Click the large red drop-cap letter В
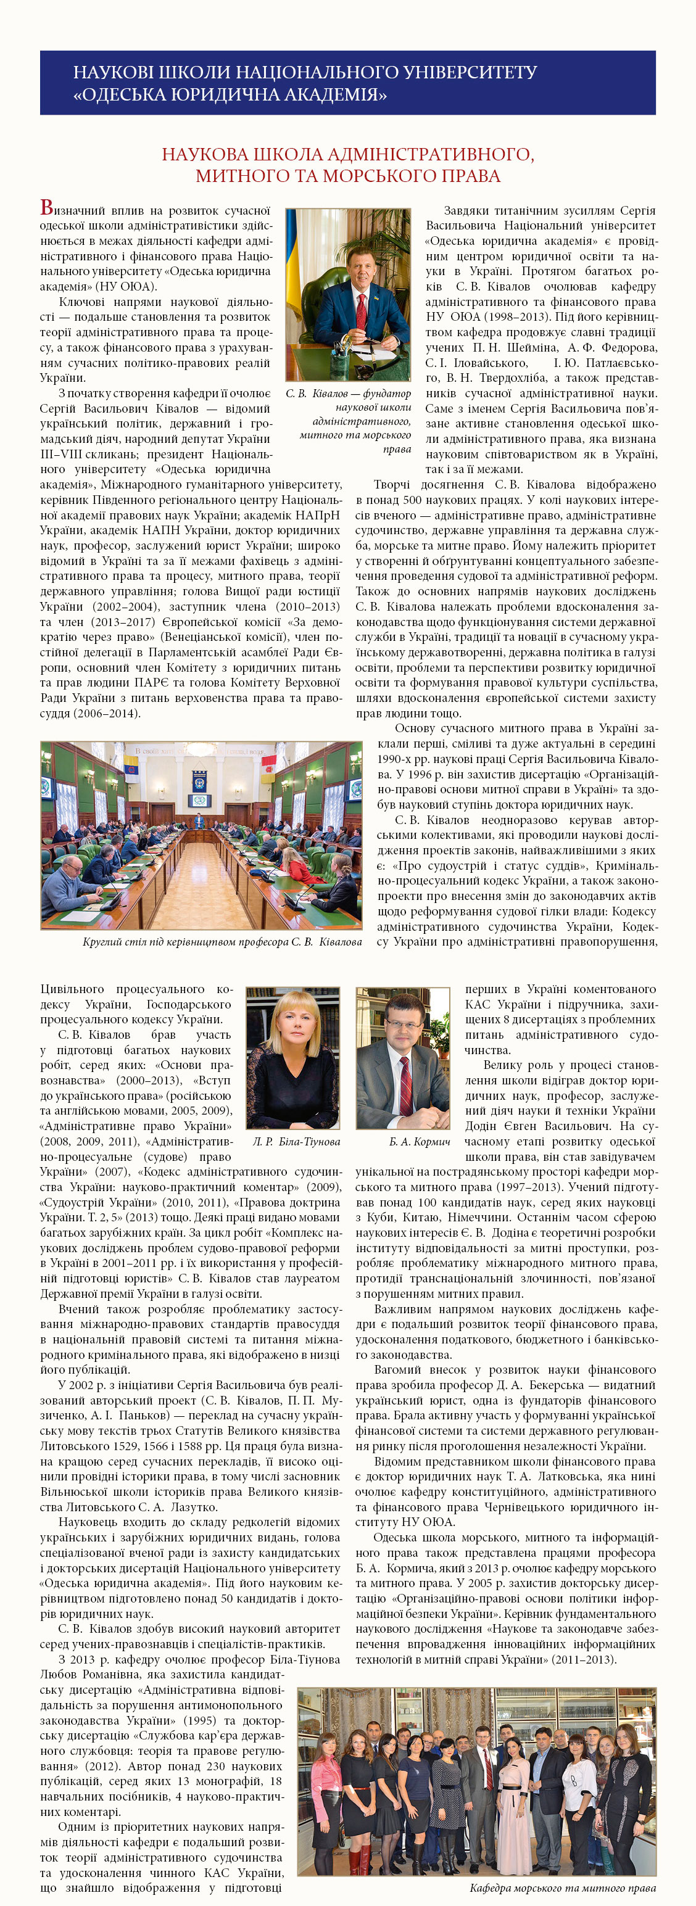(47, 208)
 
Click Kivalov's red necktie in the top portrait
(360, 311)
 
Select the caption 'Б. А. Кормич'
(419, 1141)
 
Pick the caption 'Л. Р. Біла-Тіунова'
(296, 1141)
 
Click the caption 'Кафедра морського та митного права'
(562, 1887)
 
